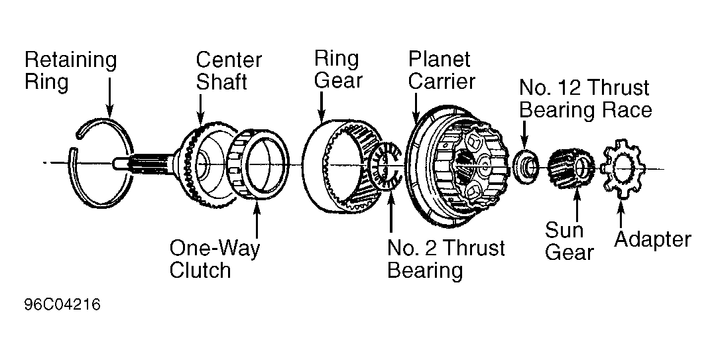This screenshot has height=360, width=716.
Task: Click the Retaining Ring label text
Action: [71, 71]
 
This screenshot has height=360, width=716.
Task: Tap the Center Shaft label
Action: [229, 71]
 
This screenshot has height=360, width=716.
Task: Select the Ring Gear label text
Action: [338, 70]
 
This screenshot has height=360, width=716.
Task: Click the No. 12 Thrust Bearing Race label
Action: [585, 99]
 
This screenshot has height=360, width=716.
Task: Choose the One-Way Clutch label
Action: [215, 259]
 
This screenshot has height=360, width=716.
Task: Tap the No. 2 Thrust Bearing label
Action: [446, 259]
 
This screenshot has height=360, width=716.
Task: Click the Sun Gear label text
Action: [569, 241]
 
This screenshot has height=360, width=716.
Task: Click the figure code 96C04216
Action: [62, 305]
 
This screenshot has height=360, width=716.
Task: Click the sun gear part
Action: [571, 167]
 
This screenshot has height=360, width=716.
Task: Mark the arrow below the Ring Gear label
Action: [322, 107]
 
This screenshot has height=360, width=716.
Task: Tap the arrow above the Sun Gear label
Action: [577, 205]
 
